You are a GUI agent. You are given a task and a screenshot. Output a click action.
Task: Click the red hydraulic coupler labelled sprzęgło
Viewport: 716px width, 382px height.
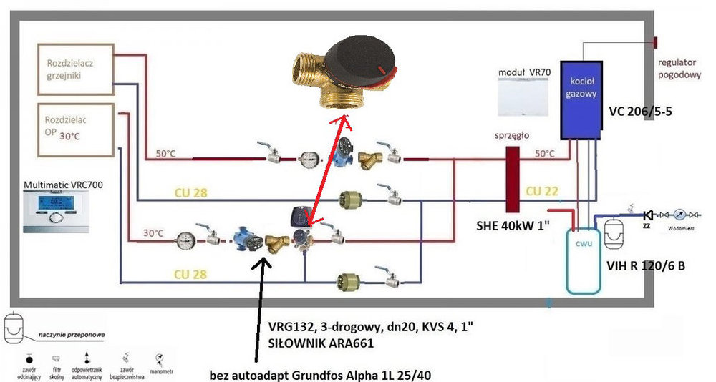click(513, 180)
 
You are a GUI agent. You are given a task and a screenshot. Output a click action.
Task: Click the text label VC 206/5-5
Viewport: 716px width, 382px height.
click(639, 112)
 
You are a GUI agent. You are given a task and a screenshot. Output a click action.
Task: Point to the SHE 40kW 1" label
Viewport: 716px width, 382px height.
click(513, 226)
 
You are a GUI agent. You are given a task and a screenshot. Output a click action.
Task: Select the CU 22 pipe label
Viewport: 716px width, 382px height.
click(542, 192)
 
